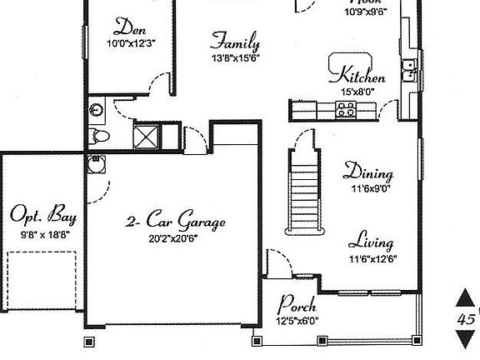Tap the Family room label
(234, 41)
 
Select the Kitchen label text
(362, 77)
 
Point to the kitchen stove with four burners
(346, 107)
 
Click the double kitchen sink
(407, 70)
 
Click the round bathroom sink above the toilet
(97, 107)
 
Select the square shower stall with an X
(148, 134)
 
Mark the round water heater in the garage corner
(96, 162)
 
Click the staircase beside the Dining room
(304, 196)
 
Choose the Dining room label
(368, 173)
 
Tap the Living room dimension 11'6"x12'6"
(372, 258)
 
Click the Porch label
(297, 304)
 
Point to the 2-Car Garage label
(175, 222)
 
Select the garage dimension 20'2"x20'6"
(172, 237)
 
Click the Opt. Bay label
(43, 217)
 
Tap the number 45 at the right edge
(467, 318)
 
